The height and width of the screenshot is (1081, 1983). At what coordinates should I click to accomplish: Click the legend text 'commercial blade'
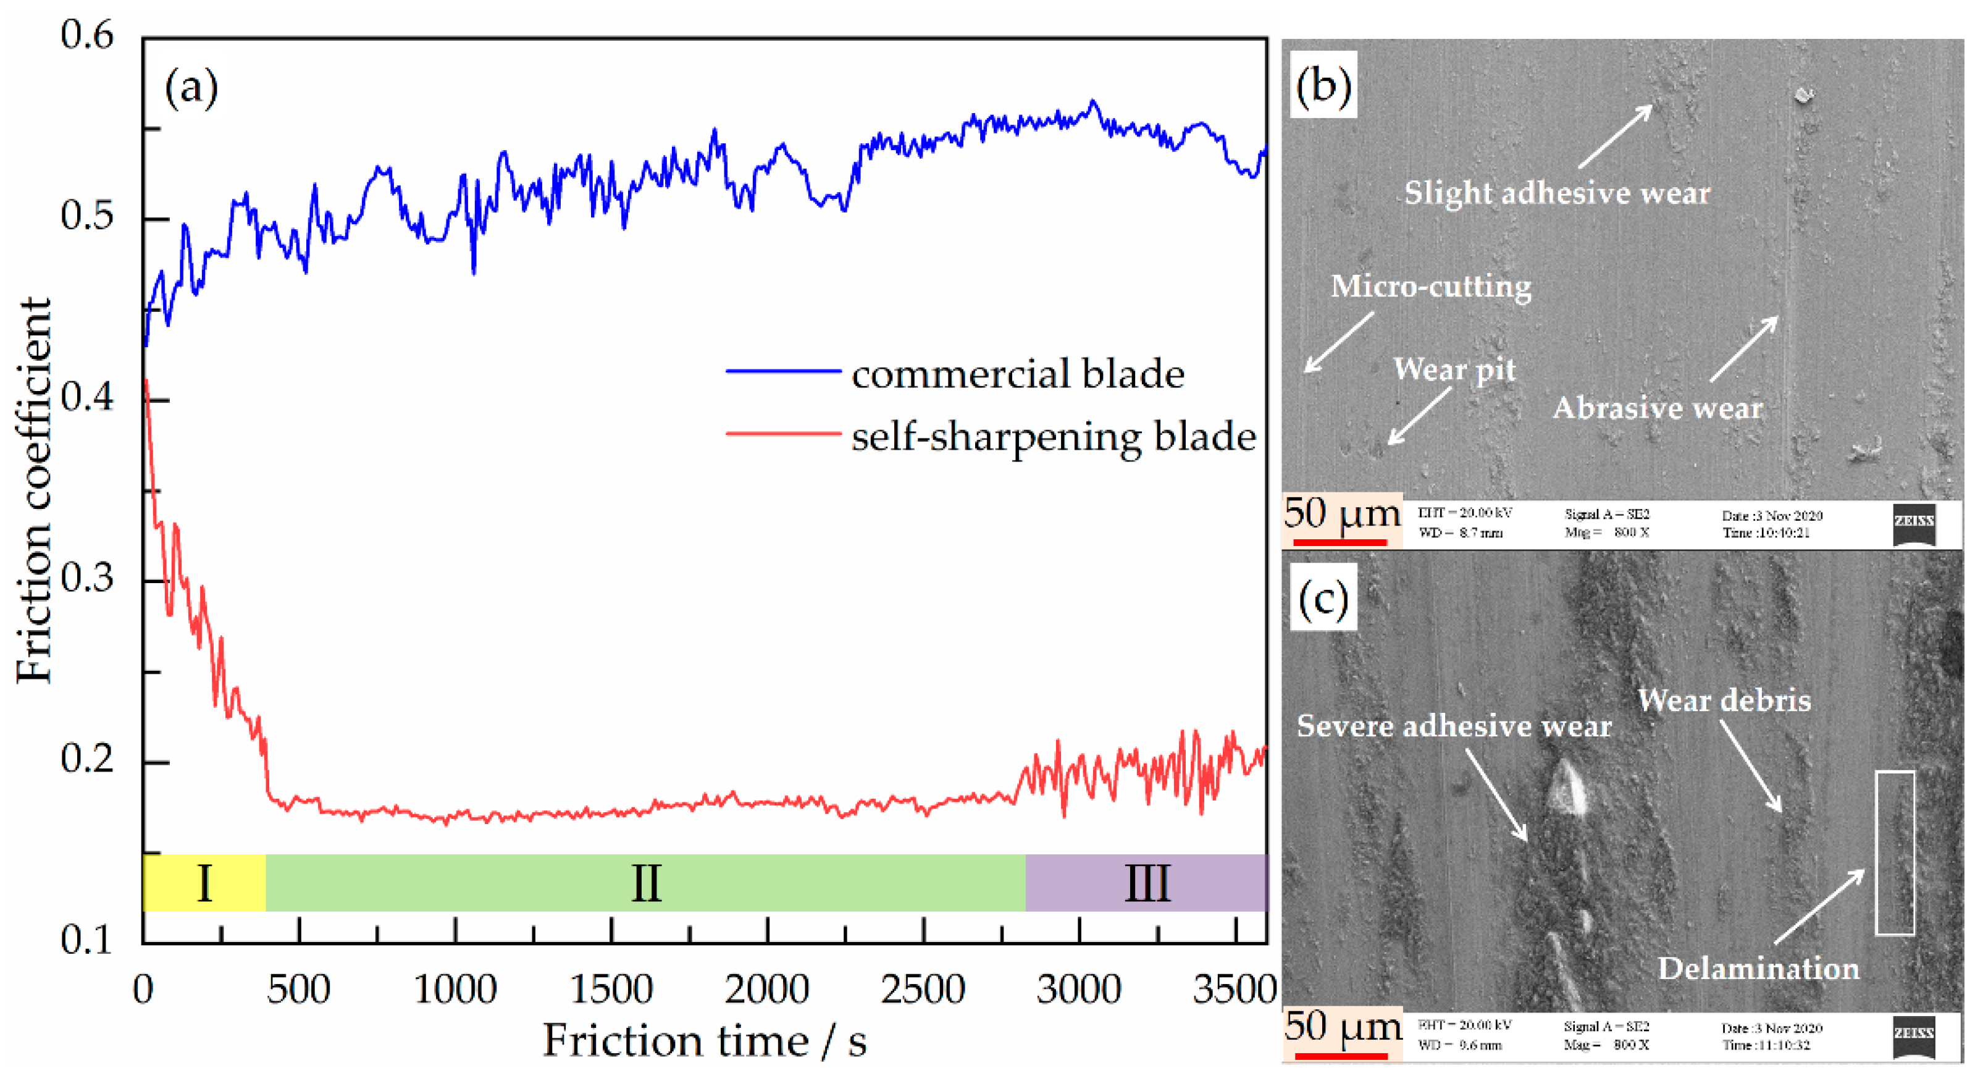[1017, 374]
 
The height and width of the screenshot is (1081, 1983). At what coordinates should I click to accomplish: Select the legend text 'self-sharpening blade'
[1053, 437]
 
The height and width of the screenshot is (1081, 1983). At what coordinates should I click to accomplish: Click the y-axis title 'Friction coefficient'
[33, 490]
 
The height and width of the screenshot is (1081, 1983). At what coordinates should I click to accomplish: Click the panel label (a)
[191, 88]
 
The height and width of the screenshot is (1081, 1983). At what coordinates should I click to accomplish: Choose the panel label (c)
[1322, 598]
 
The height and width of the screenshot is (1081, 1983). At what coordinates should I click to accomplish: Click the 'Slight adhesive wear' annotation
[1556, 193]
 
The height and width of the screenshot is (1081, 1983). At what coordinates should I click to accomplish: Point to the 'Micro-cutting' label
[1430, 287]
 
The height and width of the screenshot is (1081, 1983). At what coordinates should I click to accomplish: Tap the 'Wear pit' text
[1453, 369]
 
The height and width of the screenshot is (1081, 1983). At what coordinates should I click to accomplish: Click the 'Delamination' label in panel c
[1758, 969]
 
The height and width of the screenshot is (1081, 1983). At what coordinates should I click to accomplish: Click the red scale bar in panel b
[1339, 542]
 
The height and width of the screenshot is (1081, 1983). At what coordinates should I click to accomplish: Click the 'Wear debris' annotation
[1724, 700]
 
